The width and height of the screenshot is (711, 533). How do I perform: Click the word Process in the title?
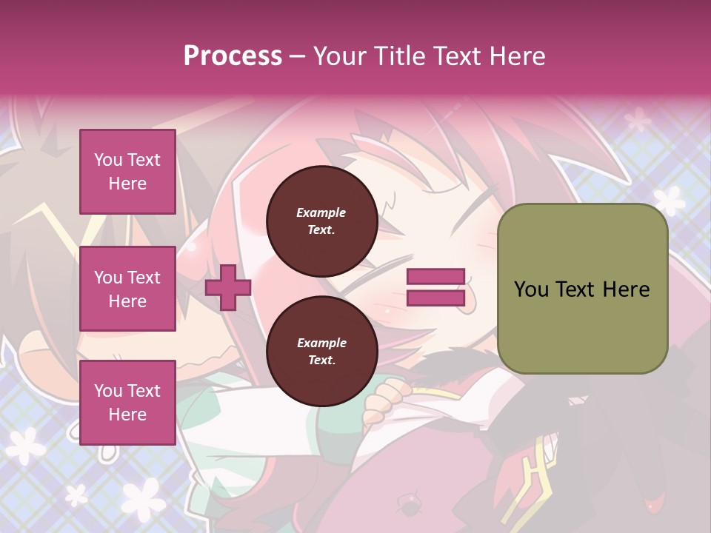coord(233,56)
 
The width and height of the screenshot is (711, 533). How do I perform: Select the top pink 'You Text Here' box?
coord(127,172)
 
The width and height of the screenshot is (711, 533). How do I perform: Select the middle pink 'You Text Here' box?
coord(127,289)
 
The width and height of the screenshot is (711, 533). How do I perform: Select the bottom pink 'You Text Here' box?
coord(127,402)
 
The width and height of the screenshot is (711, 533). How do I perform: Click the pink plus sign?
coord(227,286)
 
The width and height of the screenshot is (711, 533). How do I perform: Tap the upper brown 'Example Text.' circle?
coord(321,221)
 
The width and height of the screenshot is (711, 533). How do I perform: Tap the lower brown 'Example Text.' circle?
coord(321,351)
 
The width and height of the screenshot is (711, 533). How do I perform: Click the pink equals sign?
coord(435,287)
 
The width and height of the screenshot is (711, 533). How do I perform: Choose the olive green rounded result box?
coord(582,289)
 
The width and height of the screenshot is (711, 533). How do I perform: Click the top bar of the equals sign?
coord(435,277)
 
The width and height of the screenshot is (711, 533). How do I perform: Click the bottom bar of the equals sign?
coord(435,298)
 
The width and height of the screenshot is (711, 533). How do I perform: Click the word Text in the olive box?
coord(576,289)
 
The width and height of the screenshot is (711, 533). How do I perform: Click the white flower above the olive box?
coord(670,200)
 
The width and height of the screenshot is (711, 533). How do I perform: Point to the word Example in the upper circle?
coord(321,212)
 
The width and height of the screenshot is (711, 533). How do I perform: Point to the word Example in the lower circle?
coord(321,343)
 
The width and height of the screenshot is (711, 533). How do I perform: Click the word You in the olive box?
coord(531,289)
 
